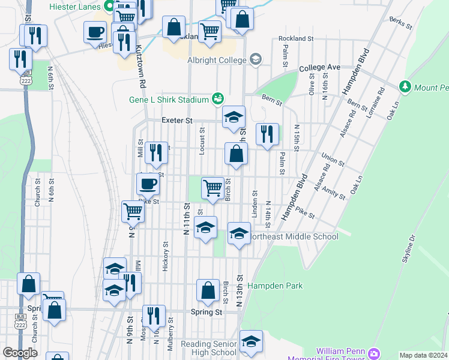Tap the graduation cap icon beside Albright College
click(x=256, y=59)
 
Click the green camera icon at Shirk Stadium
click(x=217, y=98)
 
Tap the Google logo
click(x=20, y=353)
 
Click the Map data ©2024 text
click(x=424, y=355)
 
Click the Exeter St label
click(x=176, y=121)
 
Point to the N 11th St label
click(x=187, y=218)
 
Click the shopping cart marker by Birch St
click(x=212, y=188)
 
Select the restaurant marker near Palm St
click(x=267, y=134)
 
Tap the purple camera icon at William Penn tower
click(x=375, y=353)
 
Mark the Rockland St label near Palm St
click(x=296, y=38)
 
